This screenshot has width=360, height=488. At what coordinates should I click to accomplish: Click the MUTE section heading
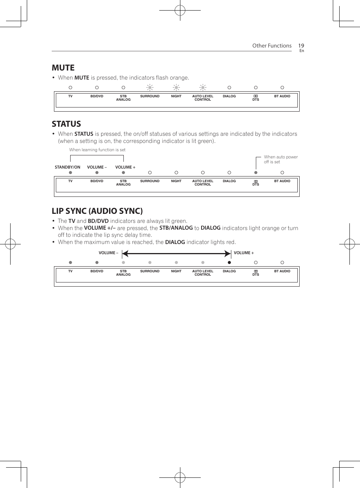63,68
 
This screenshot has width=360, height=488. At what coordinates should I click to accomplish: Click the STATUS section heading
66,124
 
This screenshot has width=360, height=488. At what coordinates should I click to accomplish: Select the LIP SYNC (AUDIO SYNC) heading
97,211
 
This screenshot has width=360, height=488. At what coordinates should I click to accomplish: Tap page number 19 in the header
301,46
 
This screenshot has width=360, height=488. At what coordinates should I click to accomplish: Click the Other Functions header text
272,46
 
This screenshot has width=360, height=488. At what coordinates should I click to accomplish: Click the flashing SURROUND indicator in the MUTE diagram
150,87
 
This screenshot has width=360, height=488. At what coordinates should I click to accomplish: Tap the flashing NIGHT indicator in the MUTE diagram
176,87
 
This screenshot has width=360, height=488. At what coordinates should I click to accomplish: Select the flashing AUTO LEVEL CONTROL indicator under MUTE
203,87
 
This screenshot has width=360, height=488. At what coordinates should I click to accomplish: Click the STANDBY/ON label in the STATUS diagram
68,167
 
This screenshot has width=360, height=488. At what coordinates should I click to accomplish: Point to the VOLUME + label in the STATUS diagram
125,167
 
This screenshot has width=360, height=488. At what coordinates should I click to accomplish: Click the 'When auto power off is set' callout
280,159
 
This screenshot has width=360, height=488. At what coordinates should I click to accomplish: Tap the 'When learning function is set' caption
97,150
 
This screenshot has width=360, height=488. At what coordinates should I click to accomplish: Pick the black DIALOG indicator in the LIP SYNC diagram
229,262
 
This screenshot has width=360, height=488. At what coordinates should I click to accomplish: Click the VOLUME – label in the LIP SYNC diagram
108,253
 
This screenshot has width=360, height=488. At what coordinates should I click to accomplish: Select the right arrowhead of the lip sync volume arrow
228,253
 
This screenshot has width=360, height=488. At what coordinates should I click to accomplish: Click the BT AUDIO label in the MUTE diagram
282,96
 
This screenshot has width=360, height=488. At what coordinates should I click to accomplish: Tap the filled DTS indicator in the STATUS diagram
256,173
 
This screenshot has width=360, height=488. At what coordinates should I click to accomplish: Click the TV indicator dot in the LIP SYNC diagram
70,262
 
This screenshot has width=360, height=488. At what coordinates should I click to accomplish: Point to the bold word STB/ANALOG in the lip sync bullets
176,228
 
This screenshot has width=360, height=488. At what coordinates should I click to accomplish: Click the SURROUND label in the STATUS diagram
150,181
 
